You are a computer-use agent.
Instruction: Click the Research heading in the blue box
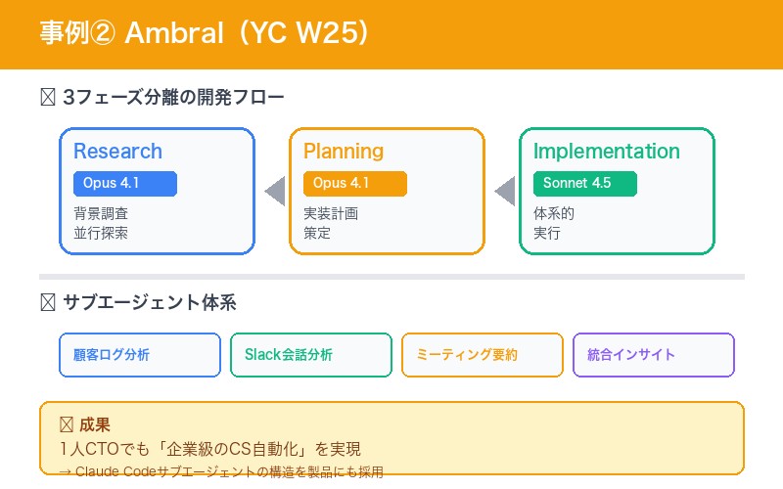tap(117, 152)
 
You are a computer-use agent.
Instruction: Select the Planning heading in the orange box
tap(343, 152)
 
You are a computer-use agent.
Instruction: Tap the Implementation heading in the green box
tap(606, 152)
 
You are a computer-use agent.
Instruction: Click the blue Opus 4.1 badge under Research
tap(124, 184)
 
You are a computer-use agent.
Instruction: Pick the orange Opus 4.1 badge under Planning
tap(354, 184)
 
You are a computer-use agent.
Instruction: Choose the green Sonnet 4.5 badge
tap(584, 184)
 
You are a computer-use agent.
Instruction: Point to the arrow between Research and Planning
tap(275, 192)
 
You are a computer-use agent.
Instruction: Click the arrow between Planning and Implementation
tap(504, 192)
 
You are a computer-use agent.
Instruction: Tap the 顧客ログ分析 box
tap(140, 355)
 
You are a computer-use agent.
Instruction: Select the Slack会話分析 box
tap(311, 355)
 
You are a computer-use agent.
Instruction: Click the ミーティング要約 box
tap(483, 355)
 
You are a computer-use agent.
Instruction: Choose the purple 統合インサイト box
tap(653, 355)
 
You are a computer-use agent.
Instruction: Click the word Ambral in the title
tap(172, 33)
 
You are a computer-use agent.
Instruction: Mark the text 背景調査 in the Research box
tap(101, 213)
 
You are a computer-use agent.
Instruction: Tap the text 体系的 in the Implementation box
tap(554, 213)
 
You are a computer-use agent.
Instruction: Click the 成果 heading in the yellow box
tap(95, 425)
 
